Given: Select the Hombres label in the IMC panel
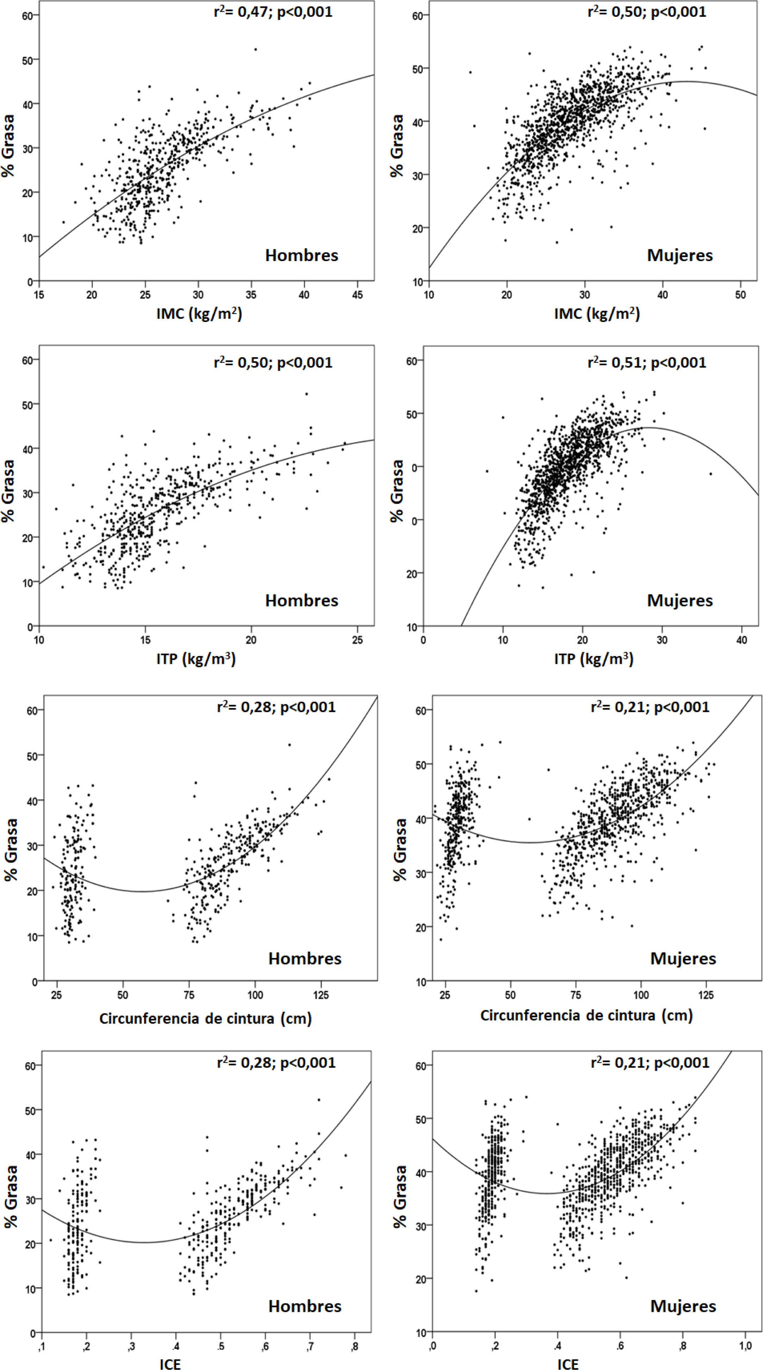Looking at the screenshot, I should click(x=301, y=255).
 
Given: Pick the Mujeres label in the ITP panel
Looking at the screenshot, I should click(x=680, y=600).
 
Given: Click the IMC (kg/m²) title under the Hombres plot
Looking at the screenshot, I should click(x=199, y=314).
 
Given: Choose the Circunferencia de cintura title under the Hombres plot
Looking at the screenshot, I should click(x=205, y=1018).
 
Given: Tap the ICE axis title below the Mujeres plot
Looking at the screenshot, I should click(x=568, y=1364).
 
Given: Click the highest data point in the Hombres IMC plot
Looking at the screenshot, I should click(x=255, y=49).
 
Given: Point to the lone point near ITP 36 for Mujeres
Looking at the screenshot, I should click(x=710, y=473).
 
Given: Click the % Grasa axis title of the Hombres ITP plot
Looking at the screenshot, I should click(x=9, y=490).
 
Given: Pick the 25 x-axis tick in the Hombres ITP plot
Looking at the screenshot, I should click(x=357, y=640).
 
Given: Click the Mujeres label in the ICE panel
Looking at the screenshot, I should click(x=683, y=1306).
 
